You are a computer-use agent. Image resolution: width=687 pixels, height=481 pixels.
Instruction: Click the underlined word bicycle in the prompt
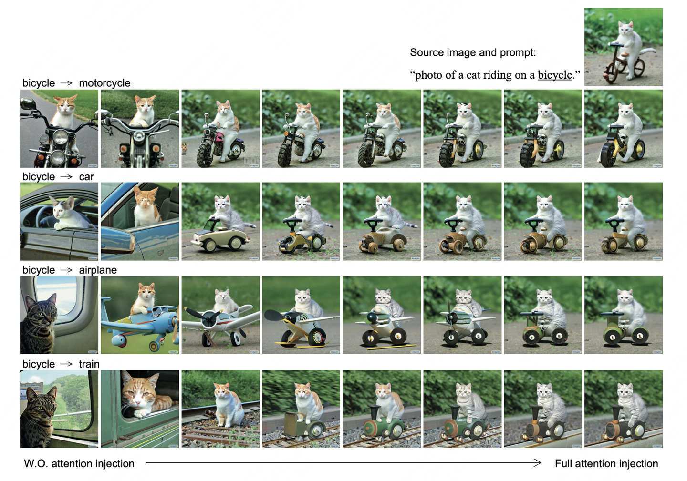coord(555,75)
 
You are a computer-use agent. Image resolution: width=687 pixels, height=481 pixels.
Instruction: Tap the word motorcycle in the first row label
coord(104,83)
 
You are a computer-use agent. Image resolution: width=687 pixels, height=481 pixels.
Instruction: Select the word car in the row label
coord(86,177)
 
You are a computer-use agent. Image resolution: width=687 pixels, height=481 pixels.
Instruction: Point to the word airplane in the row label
coord(98,270)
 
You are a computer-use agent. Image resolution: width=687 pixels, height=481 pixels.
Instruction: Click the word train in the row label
coord(89,364)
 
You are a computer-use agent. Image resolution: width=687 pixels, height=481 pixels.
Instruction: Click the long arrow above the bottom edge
coord(343,462)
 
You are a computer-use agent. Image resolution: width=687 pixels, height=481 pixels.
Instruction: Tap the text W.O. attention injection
coord(79,463)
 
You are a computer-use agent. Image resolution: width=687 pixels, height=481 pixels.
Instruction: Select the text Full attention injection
coord(606,463)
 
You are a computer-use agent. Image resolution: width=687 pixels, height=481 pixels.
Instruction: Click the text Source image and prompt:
coord(473,52)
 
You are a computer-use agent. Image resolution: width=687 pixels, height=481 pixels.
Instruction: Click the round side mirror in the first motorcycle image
coord(29,104)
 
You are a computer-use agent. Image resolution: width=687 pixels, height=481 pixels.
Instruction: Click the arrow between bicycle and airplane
coord(66,270)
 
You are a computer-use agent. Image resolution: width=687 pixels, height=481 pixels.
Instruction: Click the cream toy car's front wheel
coord(210,246)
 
